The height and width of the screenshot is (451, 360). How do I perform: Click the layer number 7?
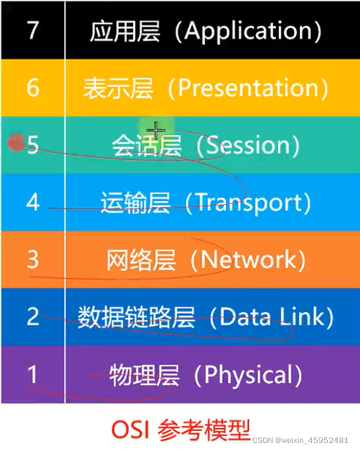coord(31,31)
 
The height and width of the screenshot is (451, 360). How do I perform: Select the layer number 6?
coord(32,88)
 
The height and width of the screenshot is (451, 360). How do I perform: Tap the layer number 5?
coord(33,145)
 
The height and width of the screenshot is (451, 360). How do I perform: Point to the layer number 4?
coord(32,202)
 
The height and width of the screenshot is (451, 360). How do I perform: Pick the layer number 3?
coord(32,259)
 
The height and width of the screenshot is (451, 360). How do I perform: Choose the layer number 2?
coord(32,317)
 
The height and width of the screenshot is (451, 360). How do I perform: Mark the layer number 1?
coord(31,374)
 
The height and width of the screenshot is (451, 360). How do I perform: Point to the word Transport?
coord(243,202)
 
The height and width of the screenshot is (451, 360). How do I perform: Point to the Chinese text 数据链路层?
coord(137,317)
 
